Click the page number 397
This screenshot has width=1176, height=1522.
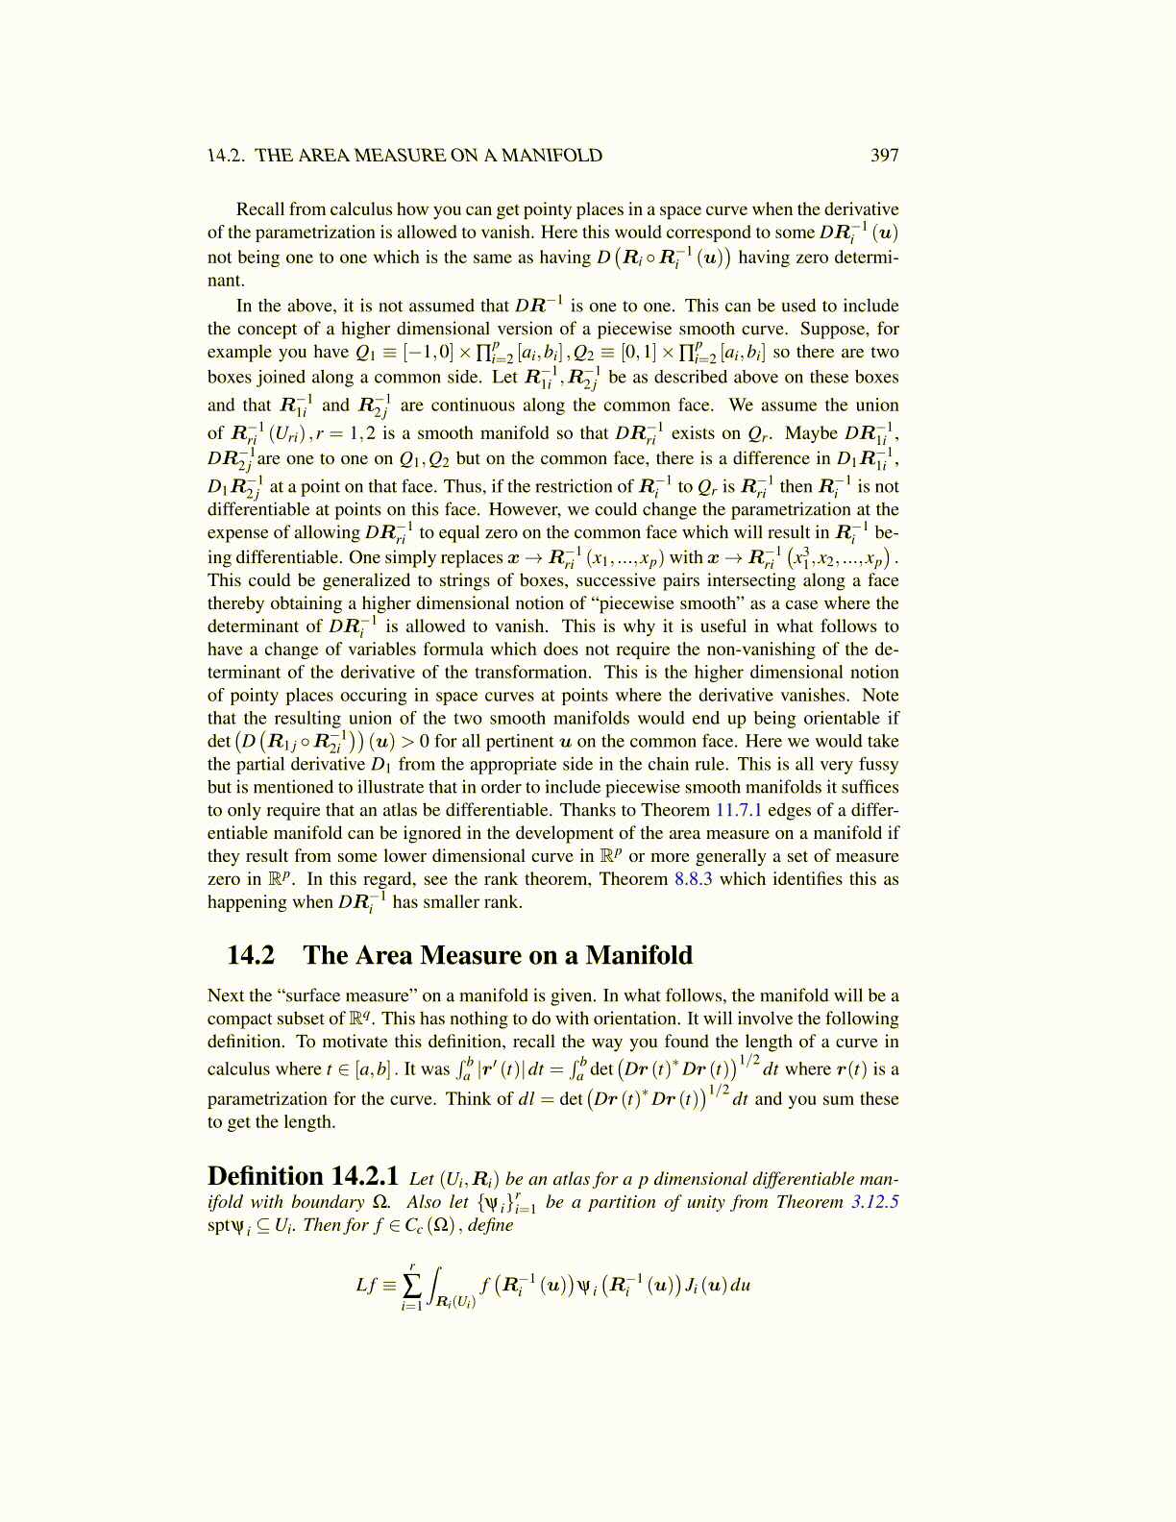pyautogui.click(x=884, y=156)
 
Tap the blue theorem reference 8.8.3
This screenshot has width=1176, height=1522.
pyautogui.click(x=693, y=879)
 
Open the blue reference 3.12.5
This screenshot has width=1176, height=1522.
pyautogui.click(x=874, y=1202)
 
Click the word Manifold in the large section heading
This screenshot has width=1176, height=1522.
pyautogui.click(x=639, y=955)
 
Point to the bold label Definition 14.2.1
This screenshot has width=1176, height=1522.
pyautogui.click(x=303, y=1177)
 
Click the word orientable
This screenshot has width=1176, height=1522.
pyautogui.click(x=839, y=718)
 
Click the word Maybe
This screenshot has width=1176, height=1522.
pyautogui.click(x=811, y=432)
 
